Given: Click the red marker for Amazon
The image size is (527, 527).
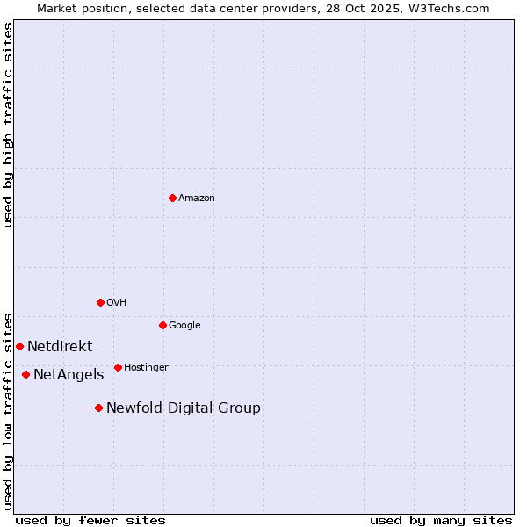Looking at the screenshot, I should point(172,198).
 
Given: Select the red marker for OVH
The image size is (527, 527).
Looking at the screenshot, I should point(100,302).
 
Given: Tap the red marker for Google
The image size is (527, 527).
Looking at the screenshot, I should point(162,325).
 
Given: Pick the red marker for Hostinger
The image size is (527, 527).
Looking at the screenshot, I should point(118,367).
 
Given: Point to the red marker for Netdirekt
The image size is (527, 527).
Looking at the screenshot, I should point(19,346).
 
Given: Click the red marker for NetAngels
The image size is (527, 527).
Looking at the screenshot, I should point(25,374).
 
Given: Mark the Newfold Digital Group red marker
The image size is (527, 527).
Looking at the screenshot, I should point(98,408).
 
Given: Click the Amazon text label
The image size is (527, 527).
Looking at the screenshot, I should point(197,199).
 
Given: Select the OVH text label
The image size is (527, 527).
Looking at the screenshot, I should point(117,303).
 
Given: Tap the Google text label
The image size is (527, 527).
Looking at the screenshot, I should point(184,326).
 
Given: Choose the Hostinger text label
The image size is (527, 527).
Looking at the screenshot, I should point(146,368).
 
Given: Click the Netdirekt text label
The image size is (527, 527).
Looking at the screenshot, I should point(60,347).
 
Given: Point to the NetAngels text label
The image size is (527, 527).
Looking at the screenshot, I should point(69,375).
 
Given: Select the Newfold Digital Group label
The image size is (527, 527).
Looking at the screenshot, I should point(184,408).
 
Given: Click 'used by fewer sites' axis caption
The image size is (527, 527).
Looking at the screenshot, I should point(90,520).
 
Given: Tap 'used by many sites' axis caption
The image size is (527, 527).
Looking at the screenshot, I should point(441,520).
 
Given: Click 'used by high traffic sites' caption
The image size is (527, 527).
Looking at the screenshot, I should point(8,125).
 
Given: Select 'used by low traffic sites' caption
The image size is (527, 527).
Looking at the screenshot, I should point(8,410).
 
